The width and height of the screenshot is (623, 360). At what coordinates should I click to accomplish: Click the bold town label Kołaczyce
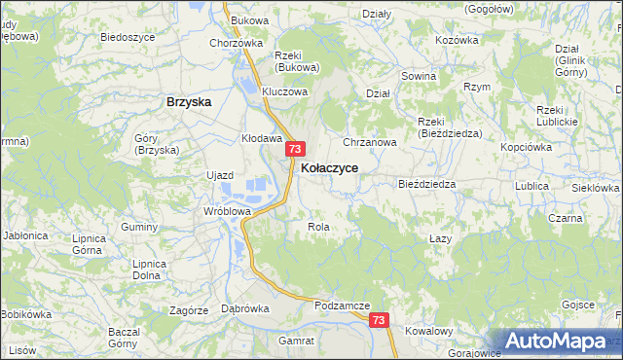coord(329,168)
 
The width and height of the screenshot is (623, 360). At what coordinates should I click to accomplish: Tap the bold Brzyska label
coord(189,101)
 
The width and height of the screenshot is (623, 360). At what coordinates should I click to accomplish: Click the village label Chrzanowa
coord(370,142)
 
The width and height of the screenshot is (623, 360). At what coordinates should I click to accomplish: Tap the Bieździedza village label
coord(427,184)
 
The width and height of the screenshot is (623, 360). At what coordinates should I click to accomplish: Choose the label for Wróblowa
coord(228,210)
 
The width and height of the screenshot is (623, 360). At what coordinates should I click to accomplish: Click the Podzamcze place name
coord(343,306)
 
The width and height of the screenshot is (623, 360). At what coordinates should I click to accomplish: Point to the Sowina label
coord(418,75)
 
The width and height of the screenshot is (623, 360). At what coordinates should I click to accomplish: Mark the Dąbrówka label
coord(245,308)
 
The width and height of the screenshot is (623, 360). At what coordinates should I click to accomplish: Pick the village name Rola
coord(319,227)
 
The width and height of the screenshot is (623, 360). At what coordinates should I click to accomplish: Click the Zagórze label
coord(189,310)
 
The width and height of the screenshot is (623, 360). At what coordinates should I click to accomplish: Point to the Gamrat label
coord(296,342)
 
